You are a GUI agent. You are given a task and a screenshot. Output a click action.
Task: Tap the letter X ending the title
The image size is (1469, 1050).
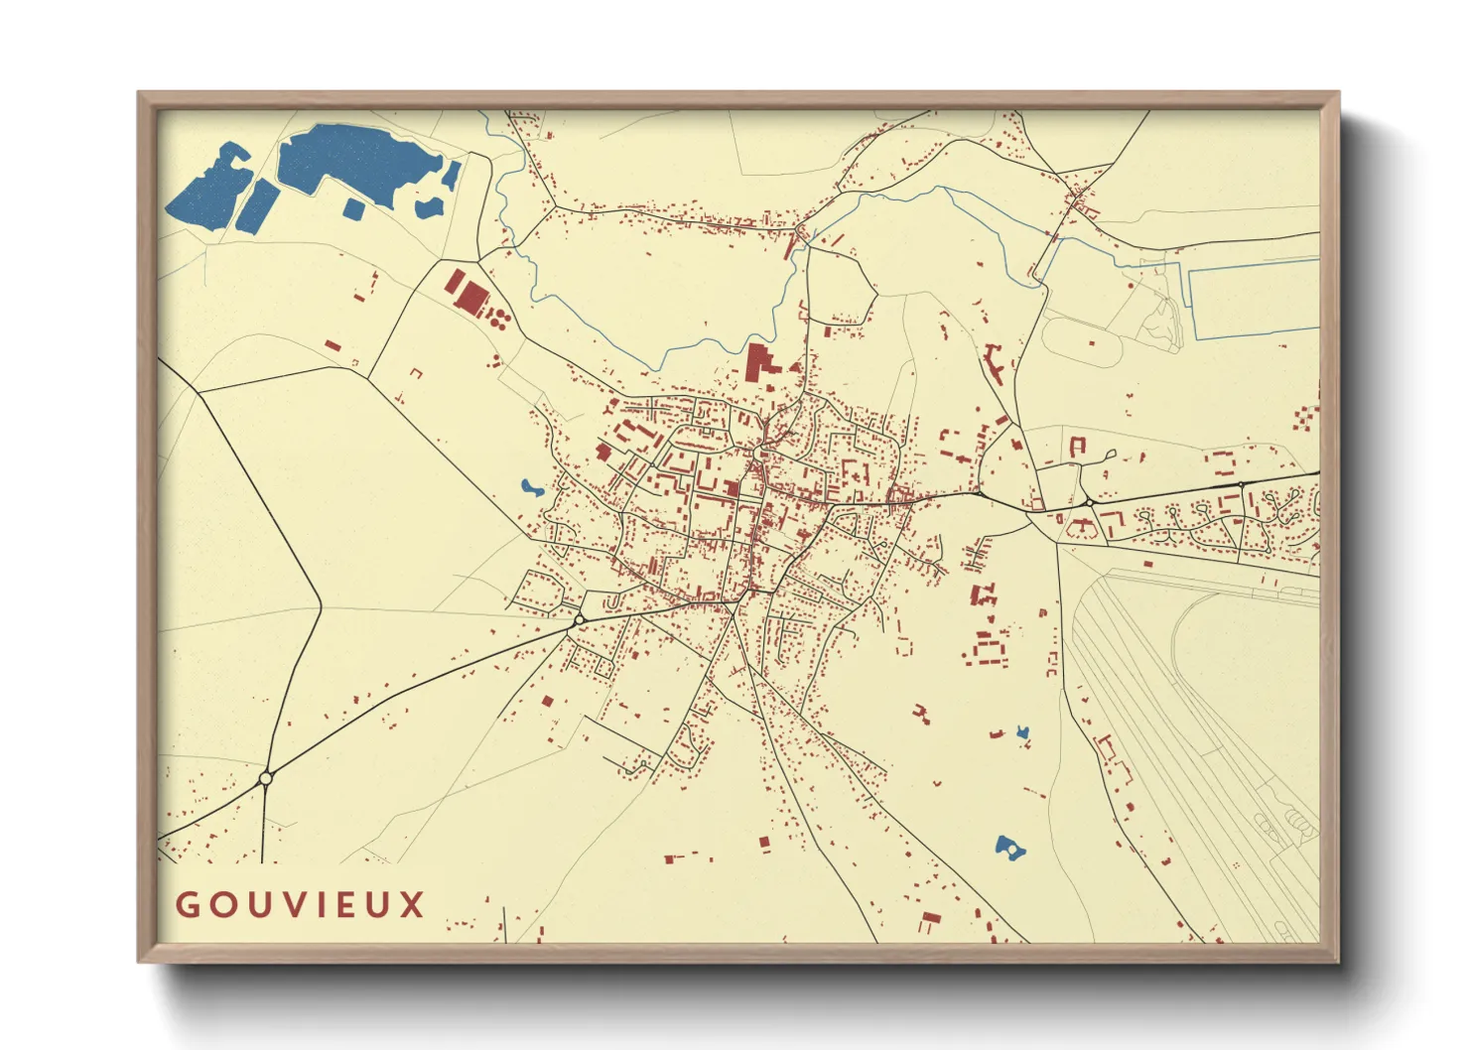[x=413, y=904]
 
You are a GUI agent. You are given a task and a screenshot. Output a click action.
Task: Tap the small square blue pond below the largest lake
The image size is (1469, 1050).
[x=353, y=207]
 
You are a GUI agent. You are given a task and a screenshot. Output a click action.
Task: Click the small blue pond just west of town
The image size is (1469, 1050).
[x=531, y=488]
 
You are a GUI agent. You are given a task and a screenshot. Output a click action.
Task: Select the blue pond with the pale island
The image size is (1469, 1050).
[x=1009, y=849]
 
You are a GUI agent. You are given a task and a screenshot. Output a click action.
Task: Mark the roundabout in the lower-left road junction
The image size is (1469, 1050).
[x=265, y=778]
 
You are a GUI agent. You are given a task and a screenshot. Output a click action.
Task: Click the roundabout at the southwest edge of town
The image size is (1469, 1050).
[x=579, y=619]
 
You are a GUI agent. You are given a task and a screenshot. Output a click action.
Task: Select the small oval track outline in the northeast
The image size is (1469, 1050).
[x=1082, y=343]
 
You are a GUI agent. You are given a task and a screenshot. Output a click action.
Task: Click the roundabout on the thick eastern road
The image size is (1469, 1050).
[x=1089, y=503]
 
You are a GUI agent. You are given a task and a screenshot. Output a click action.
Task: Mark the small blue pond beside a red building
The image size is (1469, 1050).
[x=1022, y=733]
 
